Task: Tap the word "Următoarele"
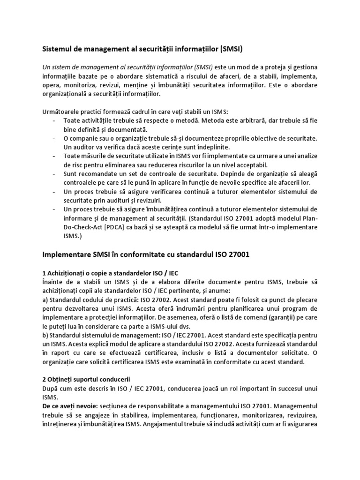coord(61,112)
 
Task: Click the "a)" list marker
coord(46,300)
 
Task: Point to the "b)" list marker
coord(46,336)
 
